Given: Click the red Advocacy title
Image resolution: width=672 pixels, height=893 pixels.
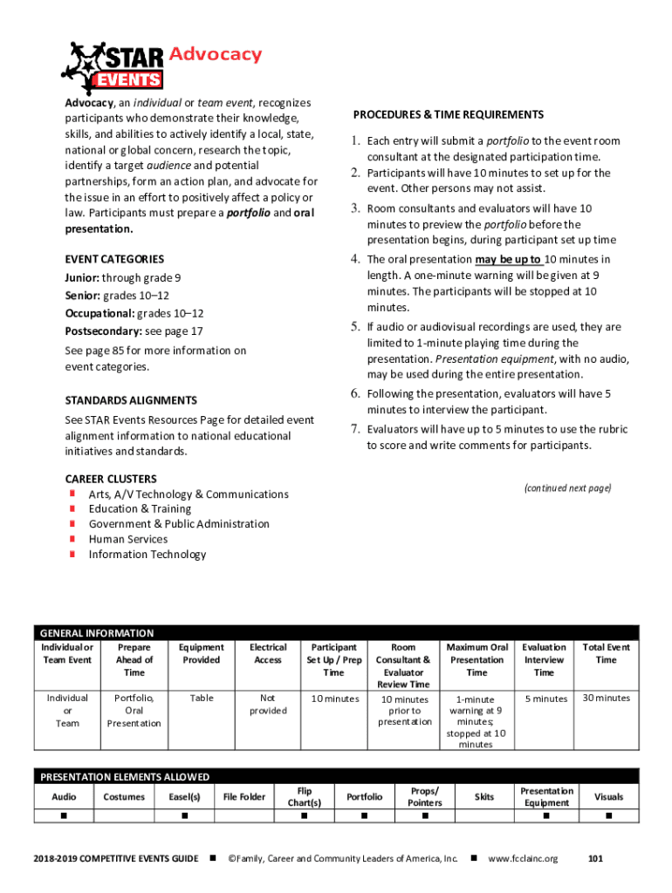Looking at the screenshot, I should pos(215,55).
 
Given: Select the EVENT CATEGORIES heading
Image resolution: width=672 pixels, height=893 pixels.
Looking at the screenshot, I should pos(114,259).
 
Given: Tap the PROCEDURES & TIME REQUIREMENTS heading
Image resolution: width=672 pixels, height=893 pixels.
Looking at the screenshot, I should pos(449,115).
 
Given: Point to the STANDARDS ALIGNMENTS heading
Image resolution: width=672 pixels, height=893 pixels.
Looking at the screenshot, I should pos(131,400).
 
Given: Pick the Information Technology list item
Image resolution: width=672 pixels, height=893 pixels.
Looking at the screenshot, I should pos(147,555).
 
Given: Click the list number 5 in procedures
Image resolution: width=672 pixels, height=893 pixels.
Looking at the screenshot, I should pos(356,327).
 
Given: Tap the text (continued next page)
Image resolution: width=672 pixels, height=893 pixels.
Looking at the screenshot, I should pos(567,487).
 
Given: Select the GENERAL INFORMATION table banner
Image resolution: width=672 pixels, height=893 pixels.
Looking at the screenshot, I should pos(96,633).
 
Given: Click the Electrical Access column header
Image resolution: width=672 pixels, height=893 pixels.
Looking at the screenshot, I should pos(268,654).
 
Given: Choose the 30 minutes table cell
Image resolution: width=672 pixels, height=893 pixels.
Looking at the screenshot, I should pos(606,699).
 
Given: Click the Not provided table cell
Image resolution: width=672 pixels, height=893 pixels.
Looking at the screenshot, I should pos(268,705).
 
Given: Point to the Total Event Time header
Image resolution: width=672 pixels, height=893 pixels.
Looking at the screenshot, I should pos(606,654).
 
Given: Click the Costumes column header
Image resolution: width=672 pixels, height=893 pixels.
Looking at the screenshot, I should pos(124,797).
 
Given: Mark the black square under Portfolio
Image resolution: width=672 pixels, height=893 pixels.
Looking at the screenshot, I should pos(365,816).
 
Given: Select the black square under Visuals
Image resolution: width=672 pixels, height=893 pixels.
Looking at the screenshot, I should pos(608,816).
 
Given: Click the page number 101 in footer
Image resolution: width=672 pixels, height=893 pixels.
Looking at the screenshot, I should pos(596,859).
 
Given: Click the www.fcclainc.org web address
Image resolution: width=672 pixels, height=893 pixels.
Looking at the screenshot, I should pos(523,859).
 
